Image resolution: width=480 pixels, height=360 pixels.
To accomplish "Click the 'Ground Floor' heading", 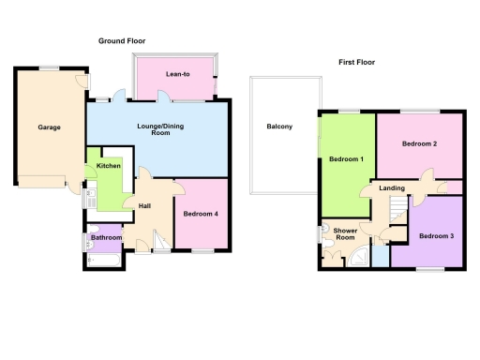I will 126,41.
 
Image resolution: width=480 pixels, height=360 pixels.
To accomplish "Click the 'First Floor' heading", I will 357,63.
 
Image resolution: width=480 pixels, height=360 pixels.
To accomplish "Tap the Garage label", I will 49,127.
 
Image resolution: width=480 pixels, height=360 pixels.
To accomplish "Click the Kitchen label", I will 108,167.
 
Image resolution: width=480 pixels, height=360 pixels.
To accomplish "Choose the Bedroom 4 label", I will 202,214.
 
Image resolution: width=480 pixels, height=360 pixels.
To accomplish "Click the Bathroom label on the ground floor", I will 106,237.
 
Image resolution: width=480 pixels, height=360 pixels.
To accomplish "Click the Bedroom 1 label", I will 346,159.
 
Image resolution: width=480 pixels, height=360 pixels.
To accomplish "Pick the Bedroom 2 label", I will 421,144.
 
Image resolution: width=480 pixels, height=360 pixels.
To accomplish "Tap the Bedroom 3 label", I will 436,235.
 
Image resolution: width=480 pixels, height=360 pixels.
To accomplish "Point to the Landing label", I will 392,188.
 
